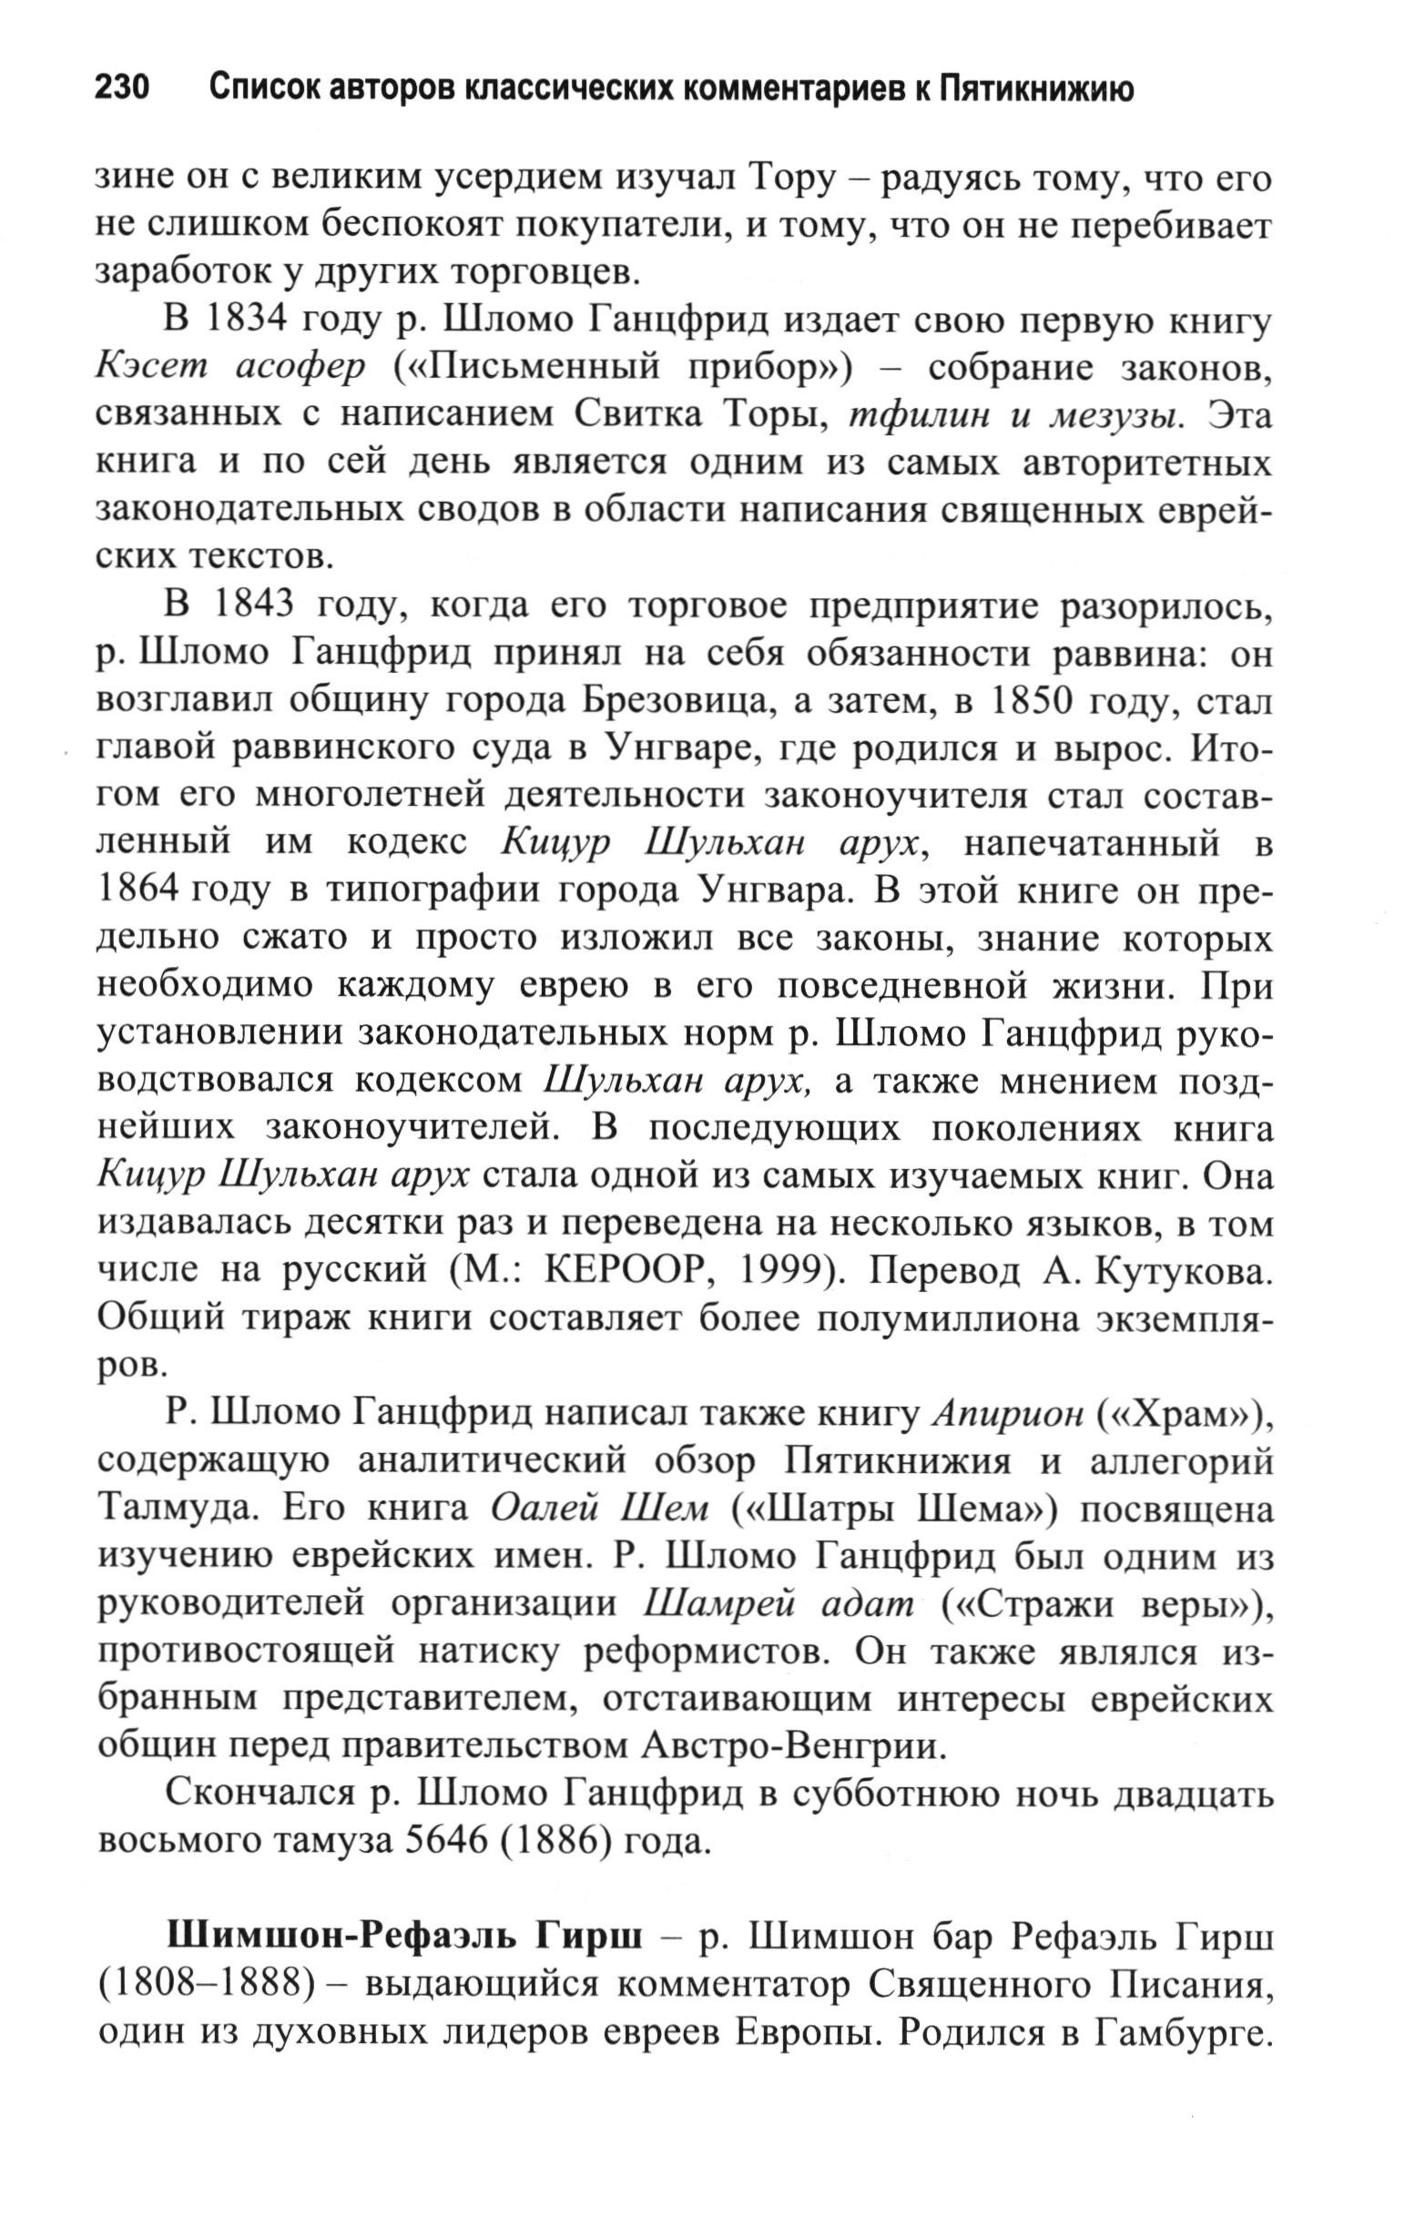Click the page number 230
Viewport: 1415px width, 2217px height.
(121, 88)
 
